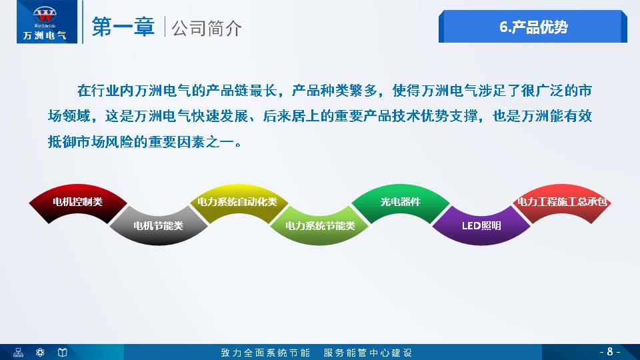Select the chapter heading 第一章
tap(123, 27)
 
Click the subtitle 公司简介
tap(207, 28)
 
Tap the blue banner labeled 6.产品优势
tap(533, 27)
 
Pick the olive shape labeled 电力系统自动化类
tap(237, 201)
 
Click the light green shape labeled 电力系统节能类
tap(320, 225)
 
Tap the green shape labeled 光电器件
tap(400, 201)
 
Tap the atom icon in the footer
tap(40, 352)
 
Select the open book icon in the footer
tap(62, 352)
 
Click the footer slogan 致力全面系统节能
tap(265, 352)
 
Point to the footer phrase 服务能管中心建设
tap(368, 352)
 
